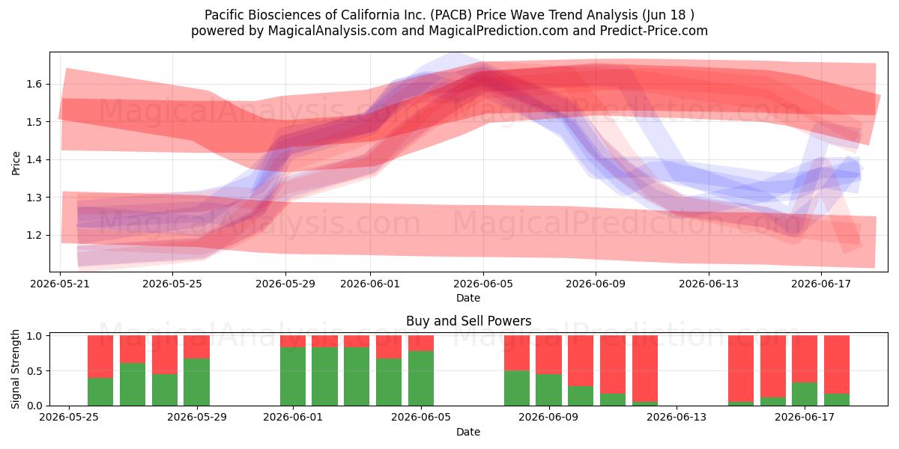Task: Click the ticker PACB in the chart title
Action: [x=449, y=15]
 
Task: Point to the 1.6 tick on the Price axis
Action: [x=34, y=84]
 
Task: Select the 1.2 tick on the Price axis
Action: [x=34, y=235]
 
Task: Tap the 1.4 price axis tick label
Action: [x=34, y=160]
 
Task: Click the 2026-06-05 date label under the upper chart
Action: [x=483, y=284]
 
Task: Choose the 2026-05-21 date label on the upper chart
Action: [x=60, y=284]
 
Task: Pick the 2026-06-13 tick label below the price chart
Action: [x=709, y=284]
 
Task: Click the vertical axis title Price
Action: [x=16, y=163]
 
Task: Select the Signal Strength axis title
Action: [x=15, y=369]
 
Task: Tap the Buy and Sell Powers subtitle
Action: [x=469, y=321]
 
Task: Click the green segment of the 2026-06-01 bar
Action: [x=293, y=376]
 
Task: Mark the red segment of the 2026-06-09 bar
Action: [x=548, y=355]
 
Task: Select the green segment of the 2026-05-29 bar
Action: [x=196, y=382]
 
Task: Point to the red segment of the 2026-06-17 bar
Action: [x=805, y=358]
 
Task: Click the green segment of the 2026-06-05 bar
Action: [x=421, y=378]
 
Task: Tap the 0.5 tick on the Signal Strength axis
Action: [x=34, y=371]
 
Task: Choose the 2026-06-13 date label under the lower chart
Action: [x=676, y=418]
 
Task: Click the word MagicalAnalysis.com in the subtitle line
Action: [x=333, y=31]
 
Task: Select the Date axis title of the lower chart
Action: [x=468, y=432]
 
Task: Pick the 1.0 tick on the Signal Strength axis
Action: [x=34, y=336]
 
